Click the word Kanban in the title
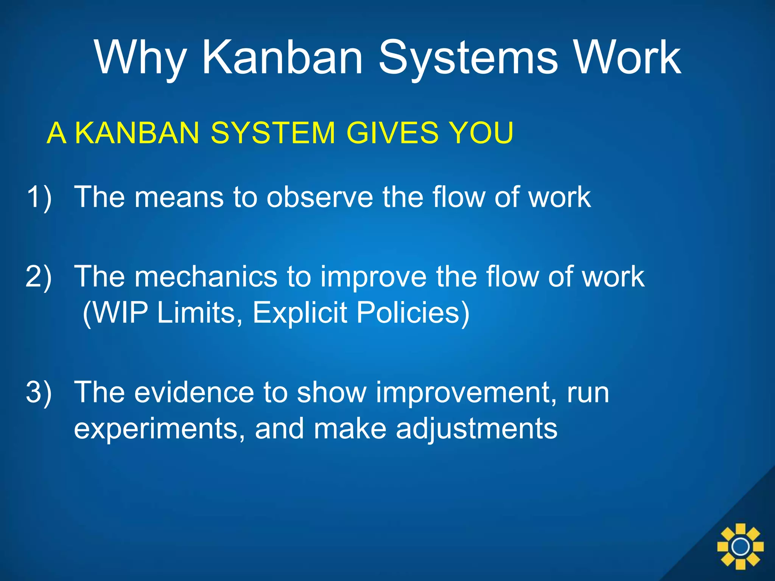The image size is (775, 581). click(x=282, y=58)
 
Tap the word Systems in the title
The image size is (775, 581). click(x=468, y=58)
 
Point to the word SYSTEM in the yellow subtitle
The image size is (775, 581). click(x=273, y=133)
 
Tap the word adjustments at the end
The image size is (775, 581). click(x=476, y=429)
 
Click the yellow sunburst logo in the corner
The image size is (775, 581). click(x=740, y=546)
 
